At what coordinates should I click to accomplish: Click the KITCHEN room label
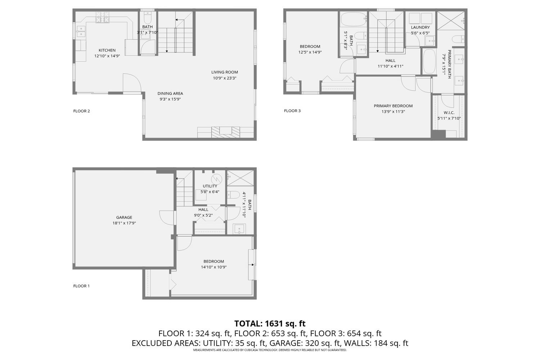[107, 50]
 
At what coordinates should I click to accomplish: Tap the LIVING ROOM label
[224, 72]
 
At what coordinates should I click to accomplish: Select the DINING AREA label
[170, 94]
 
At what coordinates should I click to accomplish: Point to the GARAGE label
[124, 217]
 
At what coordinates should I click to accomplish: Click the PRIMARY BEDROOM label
[393, 106]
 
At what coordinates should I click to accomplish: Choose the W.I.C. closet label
[449, 113]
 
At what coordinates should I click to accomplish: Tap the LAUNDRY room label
[420, 27]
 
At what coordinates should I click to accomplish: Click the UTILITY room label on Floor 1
[210, 186]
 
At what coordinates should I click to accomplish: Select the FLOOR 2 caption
[81, 111]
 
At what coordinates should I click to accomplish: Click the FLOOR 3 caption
[292, 111]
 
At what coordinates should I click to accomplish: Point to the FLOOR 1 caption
[81, 286]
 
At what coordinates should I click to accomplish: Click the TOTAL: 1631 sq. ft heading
[270, 323]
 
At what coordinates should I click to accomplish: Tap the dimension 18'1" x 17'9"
[124, 223]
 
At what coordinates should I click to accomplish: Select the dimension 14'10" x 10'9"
[214, 267]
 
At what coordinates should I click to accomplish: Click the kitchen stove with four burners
[102, 18]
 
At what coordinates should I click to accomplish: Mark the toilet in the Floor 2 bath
[148, 17]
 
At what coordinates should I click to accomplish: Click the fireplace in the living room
[226, 131]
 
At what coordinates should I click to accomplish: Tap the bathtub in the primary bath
[429, 62]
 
